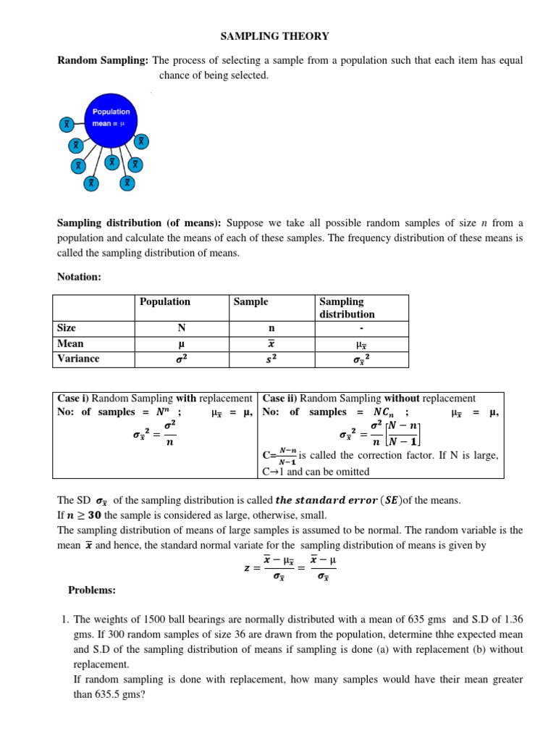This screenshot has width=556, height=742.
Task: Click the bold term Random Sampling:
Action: pyautogui.click(x=103, y=61)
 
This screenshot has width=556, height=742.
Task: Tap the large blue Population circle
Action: pyautogui.click(x=111, y=117)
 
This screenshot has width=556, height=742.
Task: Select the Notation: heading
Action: pyautogui.click(x=79, y=277)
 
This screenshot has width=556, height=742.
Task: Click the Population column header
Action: pyautogui.click(x=165, y=301)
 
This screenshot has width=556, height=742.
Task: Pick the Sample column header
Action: pyautogui.click(x=250, y=301)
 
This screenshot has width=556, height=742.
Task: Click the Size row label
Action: pyautogui.click(x=67, y=328)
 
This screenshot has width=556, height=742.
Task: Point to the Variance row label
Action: pyautogui.click(x=78, y=358)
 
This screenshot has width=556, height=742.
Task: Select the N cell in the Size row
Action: pyautogui.click(x=182, y=328)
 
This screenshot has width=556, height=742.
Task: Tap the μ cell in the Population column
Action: pyautogui.click(x=182, y=343)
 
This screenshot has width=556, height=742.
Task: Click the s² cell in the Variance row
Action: pyautogui.click(x=269, y=359)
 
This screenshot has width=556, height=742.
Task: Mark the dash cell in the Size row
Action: pyautogui.click(x=361, y=328)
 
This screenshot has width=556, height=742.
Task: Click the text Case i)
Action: pyautogui.click(x=74, y=399)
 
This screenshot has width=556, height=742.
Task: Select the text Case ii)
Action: pyautogui.click(x=280, y=399)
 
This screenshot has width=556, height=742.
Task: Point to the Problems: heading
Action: pyautogui.click(x=92, y=591)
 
